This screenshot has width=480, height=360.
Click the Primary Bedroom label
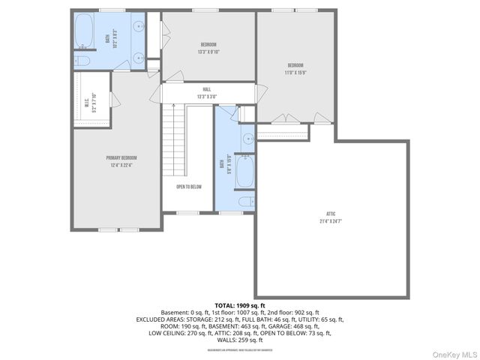click(121, 157)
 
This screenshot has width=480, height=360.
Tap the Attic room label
click(325, 212)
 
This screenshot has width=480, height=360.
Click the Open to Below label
click(189, 187)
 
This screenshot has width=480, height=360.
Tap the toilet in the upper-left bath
click(82, 61)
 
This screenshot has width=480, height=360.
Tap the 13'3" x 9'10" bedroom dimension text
click(209, 52)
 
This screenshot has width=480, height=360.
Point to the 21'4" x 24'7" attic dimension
click(325, 221)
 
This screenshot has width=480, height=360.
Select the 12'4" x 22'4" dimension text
click(121, 166)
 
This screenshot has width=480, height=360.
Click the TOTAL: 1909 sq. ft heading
click(239, 305)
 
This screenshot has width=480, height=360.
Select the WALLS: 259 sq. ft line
click(239, 340)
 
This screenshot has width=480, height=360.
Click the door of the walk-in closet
click(112, 99)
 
